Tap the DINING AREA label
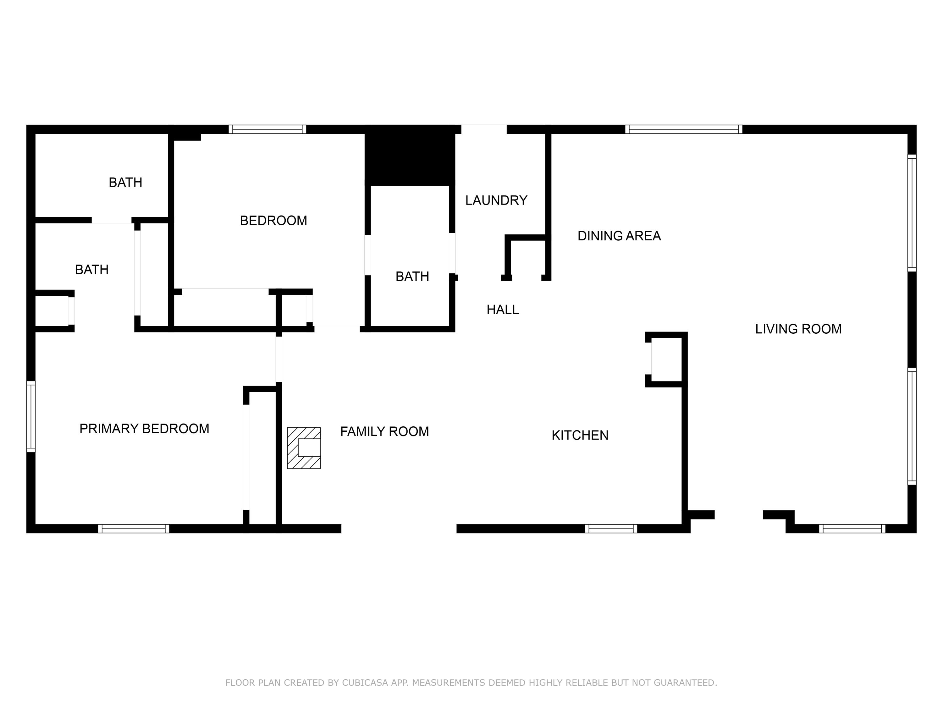click(619, 236)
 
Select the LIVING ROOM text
click(798, 329)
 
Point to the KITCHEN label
click(580, 435)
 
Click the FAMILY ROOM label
click(384, 432)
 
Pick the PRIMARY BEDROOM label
click(144, 429)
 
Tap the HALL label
click(503, 310)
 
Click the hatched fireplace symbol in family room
click(304, 448)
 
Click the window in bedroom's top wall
click(267, 129)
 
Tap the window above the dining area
click(683, 129)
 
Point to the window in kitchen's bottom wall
click(611, 529)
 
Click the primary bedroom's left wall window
click(31, 416)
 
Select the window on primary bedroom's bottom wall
click(134, 529)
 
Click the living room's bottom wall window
click(852, 529)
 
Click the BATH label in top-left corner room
click(125, 182)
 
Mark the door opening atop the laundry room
click(484, 129)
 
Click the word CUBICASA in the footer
click(365, 683)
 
